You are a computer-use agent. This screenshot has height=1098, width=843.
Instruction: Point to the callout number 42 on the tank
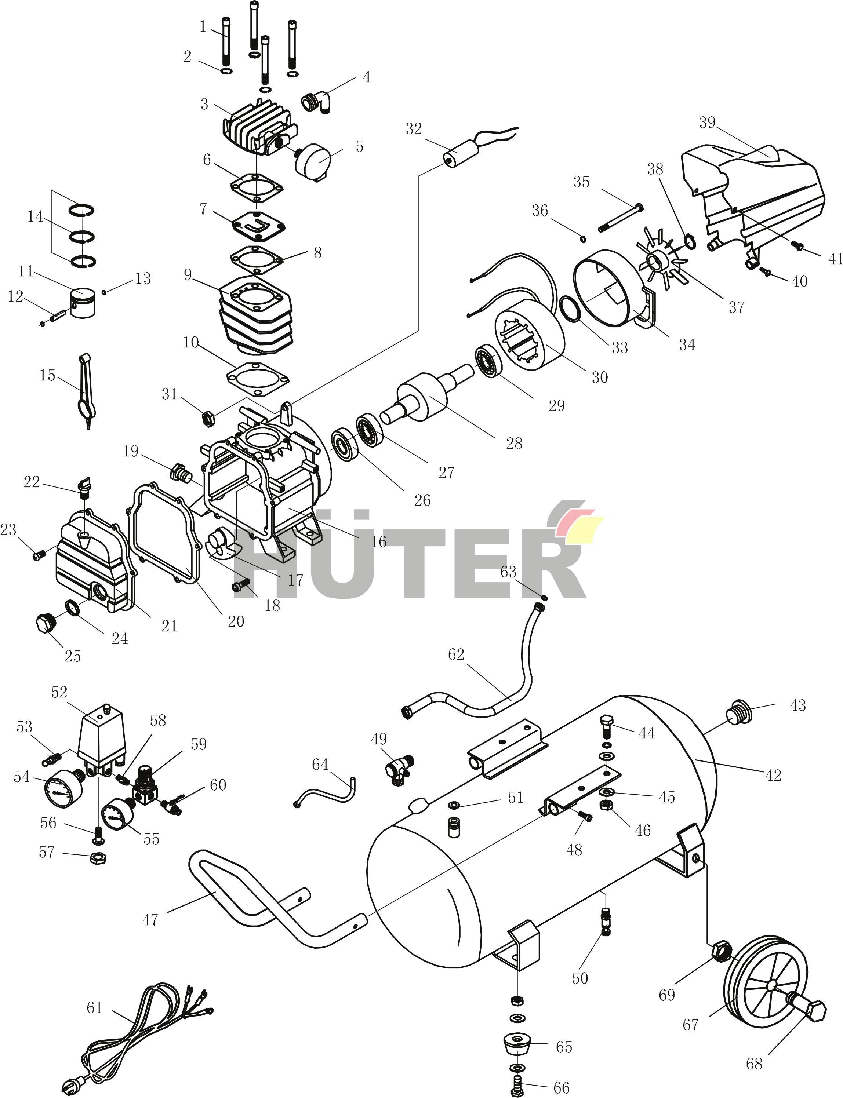click(773, 776)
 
